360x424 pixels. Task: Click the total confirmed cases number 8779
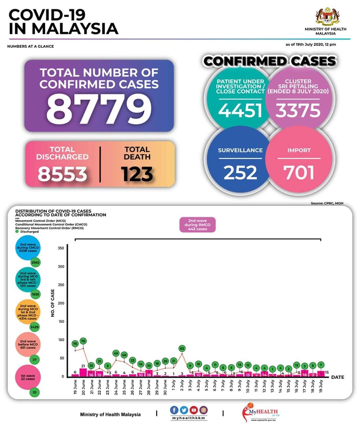[x=99, y=109]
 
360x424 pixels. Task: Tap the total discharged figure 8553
[x=62, y=173]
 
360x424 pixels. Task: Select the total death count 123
[x=137, y=174]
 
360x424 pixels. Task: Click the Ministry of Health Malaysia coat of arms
[x=327, y=17]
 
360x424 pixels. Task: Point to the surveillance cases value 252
[x=240, y=172]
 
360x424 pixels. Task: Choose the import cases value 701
[x=299, y=172]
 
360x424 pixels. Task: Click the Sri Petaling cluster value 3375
[x=298, y=110]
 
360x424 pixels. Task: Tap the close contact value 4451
[x=240, y=110]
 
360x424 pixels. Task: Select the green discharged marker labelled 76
[x=83, y=341]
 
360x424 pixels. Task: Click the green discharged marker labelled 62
[x=182, y=349]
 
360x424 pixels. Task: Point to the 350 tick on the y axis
[x=61, y=248]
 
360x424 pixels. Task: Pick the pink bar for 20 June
[x=83, y=372]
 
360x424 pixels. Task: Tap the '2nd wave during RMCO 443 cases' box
[x=197, y=225]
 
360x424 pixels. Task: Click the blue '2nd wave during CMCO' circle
[x=28, y=248]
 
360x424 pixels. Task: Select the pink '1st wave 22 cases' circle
[x=28, y=377]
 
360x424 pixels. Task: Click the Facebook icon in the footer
[x=174, y=410]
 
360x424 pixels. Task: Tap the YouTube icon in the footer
[x=193, y=410]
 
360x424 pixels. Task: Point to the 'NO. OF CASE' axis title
[x=53, y=303]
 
